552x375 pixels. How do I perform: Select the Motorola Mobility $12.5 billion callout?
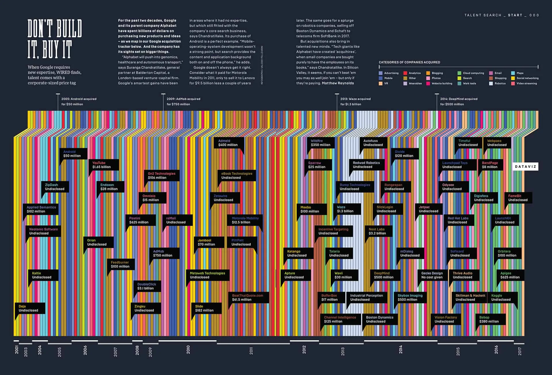[245, 220]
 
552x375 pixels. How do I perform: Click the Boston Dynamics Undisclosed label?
[379, 320]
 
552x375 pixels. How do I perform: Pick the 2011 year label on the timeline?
[251, 351]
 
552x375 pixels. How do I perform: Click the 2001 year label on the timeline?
[17, 350]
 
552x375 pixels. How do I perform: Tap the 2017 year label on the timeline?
[520, 351]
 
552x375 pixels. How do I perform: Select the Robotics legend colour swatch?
[491, 84]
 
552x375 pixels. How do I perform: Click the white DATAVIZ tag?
[525, 167]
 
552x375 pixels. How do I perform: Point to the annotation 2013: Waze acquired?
[355, 99]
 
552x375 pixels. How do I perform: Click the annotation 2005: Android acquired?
[79, 99]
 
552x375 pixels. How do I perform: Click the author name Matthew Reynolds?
[338, 83]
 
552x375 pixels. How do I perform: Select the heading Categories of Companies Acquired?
[409, 62]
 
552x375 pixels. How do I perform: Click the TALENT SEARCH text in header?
[483, 15]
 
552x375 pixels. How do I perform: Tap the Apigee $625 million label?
[510, 275]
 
